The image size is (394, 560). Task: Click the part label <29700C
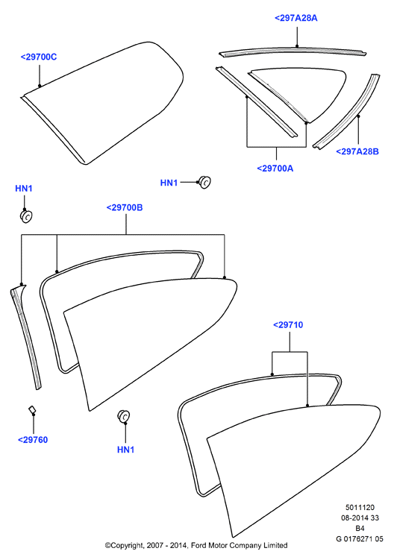pos(39,57)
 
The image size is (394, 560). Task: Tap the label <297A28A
pos(296,18)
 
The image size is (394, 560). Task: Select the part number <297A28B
pos(357,151)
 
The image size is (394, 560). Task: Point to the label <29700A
pos(275,169)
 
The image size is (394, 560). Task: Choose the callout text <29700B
pos(125,208)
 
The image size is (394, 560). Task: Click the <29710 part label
pos(288,325)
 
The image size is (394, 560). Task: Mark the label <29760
pos(33,440)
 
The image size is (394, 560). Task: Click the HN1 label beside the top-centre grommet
pos(169,183)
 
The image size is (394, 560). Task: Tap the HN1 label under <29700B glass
pos(126,450)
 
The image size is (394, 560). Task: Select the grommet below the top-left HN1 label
pos(26,216)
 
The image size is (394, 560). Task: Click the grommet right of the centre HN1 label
pos(204,182)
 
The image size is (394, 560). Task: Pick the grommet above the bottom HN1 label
pos(123,416)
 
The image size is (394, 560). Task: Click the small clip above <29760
pos(32,409)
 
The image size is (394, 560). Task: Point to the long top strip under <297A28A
pos(293,51)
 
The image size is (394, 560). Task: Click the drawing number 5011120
pos(360,508)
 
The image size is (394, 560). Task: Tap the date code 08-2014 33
pos(360,517)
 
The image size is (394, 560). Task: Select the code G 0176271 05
pos(360,539)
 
